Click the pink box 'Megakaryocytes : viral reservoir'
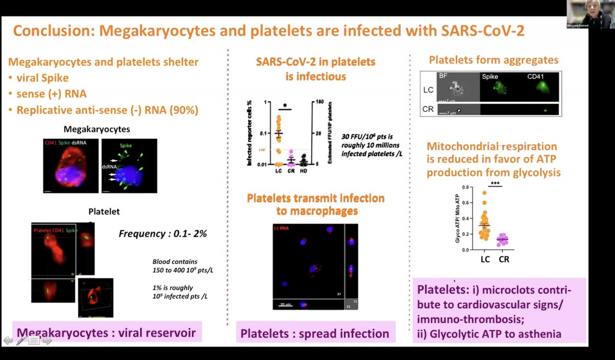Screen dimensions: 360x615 (x=106, y=333)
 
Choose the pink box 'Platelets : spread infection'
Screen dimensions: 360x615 (x=315, y=334)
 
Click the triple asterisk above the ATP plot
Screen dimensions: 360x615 (x=495, y=184)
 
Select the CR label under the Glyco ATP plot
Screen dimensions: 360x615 (x=504, y=259)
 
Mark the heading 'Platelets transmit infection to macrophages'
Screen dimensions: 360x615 (x=315, y=204)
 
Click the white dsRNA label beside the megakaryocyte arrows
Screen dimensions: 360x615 (x=109, y=166)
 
